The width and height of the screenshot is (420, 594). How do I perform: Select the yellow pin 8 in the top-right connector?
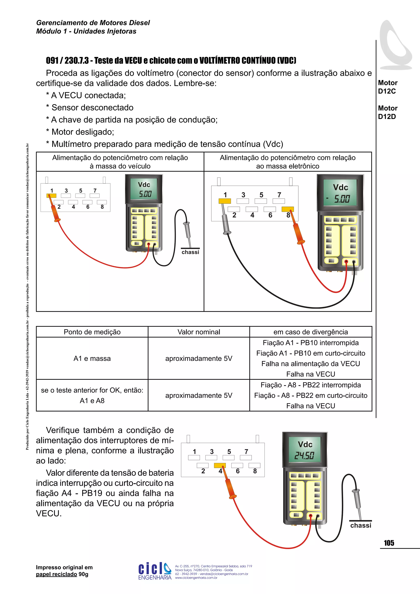pyautogui.click(x=287, y=209)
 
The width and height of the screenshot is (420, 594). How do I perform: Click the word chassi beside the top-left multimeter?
pyautogui.click(x=190, y=252)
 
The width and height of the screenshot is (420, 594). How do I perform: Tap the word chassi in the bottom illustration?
pyautogui.click(x=361, y=525)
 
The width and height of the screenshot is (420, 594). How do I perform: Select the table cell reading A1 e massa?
pyautogui.click(x=92, y=358)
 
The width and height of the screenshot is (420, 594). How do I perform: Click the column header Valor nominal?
pyautogui.click(x=199, y=332)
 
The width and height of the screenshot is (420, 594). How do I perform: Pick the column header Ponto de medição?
pyautogui.click(x=92, y=332)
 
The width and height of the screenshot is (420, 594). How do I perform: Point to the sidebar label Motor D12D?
pyautogui.click(x=387, y=112)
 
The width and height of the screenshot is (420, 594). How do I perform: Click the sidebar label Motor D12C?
pyautogui.click(x=387, y=87)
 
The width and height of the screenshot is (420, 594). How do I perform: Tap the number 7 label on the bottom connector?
pyautogui.click(x=246, y=452)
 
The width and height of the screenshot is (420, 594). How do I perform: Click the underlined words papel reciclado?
pyautogui.click(x=56, y=574)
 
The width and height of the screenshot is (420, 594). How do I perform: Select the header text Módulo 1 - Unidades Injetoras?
pyautogui.click(x=86, y=31)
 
